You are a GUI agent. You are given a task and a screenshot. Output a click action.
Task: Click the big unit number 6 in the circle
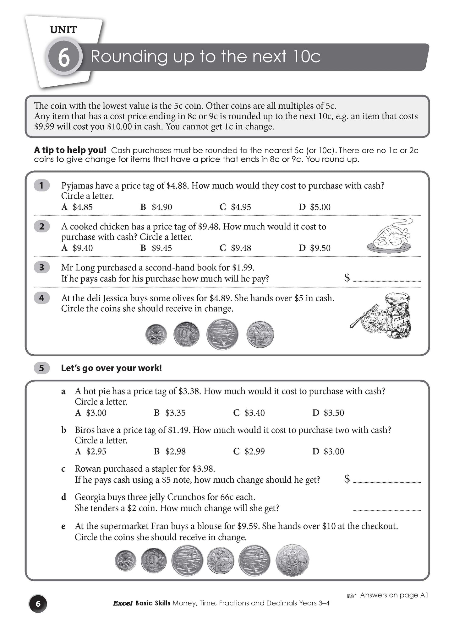click(64, 57)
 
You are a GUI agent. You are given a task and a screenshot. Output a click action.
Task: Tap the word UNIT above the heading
click(63, 30)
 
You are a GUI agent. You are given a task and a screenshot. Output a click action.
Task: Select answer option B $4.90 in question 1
click(156, 207)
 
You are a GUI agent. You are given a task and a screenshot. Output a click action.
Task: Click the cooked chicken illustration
click(390, 236)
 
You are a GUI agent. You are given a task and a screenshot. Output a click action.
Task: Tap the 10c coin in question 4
click(186, 334)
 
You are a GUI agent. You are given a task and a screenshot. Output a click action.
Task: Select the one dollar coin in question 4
click(260, 335)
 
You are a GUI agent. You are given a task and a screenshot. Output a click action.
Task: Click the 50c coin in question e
click(293, 561)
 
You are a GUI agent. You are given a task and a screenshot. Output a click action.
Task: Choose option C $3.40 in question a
click(249, 413)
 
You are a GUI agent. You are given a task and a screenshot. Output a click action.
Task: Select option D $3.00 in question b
click(328, 451)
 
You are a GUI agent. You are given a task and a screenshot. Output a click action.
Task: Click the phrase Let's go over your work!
click(111, 368)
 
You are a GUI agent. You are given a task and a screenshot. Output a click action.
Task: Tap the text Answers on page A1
click(394, 595)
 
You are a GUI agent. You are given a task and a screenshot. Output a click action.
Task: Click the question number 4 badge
click(42, 298)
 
